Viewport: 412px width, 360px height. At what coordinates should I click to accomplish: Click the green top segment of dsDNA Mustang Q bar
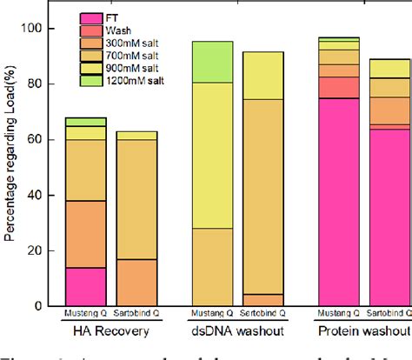(x=212, y=61)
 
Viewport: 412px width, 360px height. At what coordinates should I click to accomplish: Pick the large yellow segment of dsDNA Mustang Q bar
(x=212, y=155)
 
